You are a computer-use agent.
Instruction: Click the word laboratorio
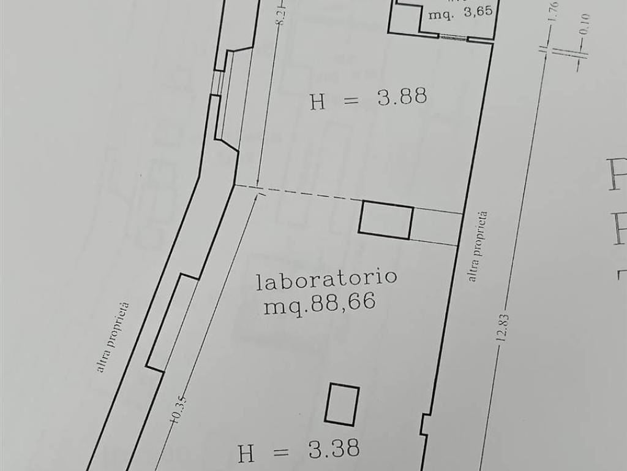[326, 279]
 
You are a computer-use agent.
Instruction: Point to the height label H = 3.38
[299, 451]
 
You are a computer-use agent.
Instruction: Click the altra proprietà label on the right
[479, 247]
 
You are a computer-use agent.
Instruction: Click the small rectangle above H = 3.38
[342, 404]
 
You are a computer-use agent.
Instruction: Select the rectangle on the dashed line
[386, 220]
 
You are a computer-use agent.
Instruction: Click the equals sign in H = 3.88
[350, 99]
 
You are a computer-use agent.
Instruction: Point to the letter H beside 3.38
[246, 454]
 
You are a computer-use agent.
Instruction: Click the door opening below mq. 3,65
[453, 36]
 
